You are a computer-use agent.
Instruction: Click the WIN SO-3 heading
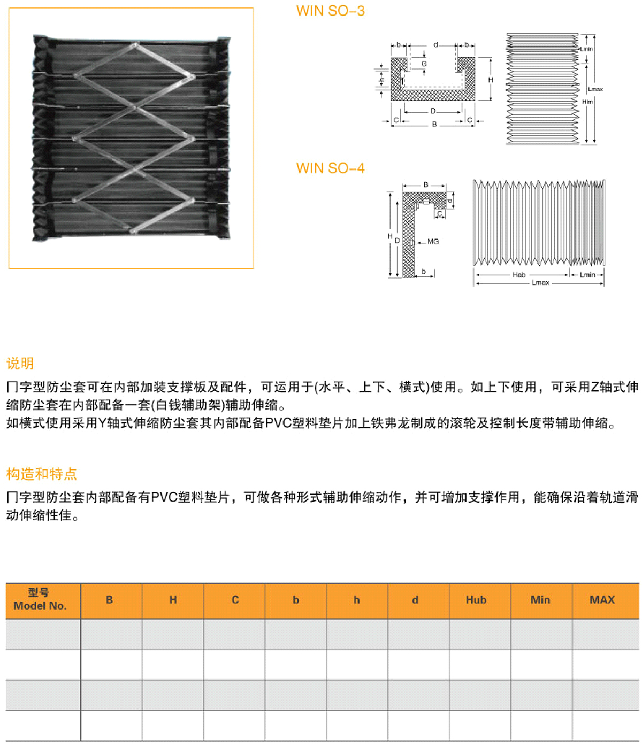tap(330, 11)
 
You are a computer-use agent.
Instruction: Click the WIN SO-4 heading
tap(330, 168)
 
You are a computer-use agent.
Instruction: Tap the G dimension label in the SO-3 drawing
tap(424, 64)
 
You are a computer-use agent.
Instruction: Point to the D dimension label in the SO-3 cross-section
tap(433, 111)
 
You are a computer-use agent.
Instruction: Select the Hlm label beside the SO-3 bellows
tap(587, 102)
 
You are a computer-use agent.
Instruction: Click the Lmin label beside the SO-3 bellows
tap(586, 49)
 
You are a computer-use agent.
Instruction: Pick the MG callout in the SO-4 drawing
tap(433, 241)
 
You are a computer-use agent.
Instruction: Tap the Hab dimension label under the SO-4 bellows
tap(518, 275)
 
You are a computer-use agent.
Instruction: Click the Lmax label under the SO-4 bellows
tap(540, 283)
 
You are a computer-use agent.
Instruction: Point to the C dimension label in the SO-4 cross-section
tap(439, 213)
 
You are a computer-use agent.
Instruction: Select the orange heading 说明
tap(20, 364)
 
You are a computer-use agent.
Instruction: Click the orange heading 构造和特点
tap(42, 474)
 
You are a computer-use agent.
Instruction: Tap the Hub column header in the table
tap(476, 600)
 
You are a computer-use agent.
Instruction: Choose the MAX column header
tap(602, 600)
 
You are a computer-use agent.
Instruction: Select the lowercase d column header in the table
tap(415, 600)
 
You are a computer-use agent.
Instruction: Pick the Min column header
tap(540, 600)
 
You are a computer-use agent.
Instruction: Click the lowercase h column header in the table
tap(357, 600)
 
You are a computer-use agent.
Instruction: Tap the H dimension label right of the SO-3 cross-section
tap(490, 80)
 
